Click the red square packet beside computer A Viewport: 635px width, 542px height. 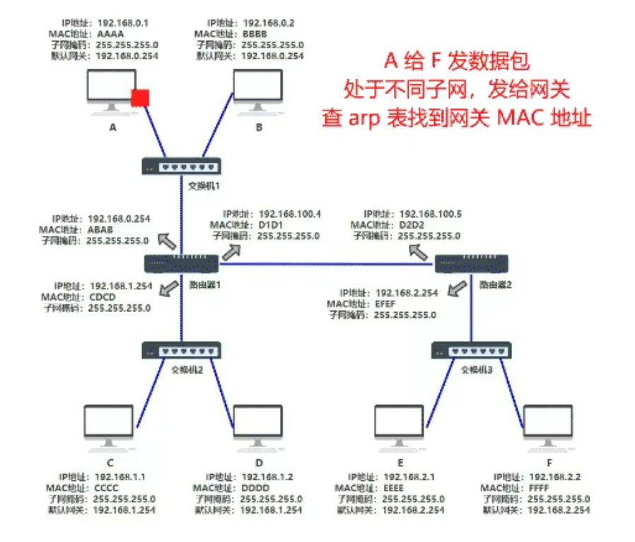pos(139,98)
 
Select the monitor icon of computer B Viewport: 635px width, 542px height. pos(258,89)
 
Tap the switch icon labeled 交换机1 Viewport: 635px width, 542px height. pos(182,167)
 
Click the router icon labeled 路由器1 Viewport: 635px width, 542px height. pos(182,264)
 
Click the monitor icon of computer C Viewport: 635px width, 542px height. pos(107,425)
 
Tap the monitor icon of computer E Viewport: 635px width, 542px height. pos(399,425)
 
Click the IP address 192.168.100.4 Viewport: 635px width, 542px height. pos(290,214)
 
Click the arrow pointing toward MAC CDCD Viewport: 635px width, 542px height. pos(169,288)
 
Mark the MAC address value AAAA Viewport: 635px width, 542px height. pos(110,33)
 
